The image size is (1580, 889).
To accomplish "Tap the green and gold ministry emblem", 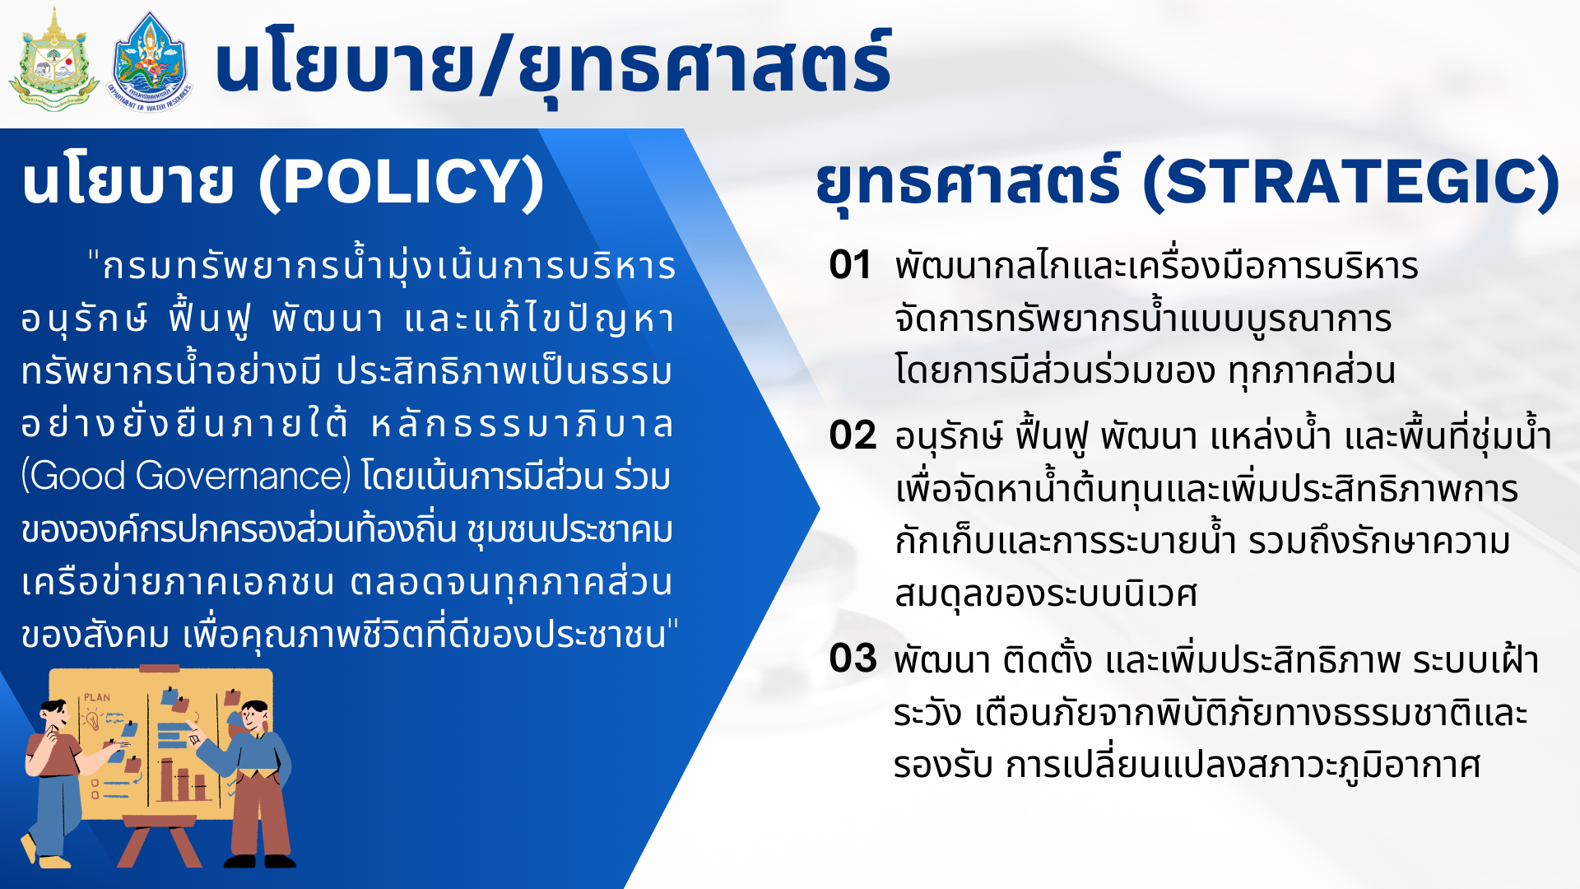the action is (x=54, y=60).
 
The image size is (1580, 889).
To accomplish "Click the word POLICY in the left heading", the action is (x=402, y=182).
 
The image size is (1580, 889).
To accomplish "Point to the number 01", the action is (x=850, y=265).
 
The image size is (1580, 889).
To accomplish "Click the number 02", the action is (x=853, y=435).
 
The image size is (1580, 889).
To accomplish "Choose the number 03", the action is (x=853, y=659).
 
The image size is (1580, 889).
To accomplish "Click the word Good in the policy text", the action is (x=77, y=477).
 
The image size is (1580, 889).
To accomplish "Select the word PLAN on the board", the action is (x=97, y=698).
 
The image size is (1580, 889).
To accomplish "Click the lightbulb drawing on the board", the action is (x=92, y=719).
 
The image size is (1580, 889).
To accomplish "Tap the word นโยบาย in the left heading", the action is (x=128, y=182).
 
